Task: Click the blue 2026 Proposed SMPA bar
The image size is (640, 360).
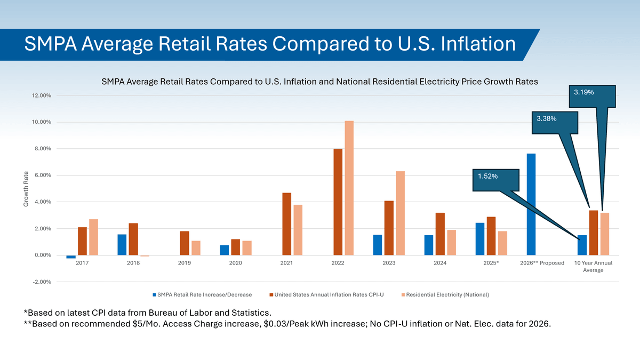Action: [x=531, y=204]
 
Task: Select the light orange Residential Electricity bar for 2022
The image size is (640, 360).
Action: [x=349, y=188]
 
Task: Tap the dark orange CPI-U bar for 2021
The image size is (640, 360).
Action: [x=286, y=224]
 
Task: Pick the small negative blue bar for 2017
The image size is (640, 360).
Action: [x=71, y=257]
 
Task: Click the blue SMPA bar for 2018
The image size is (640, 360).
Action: [x=122, y=245]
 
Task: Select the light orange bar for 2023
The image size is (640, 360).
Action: [x=400, y=213]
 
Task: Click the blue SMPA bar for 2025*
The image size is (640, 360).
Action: [x=480, y=239]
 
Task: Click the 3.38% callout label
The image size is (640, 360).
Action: [x=547, y=118]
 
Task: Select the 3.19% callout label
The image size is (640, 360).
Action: [x=584, y=92]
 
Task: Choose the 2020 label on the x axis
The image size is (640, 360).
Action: [x=235, y=263]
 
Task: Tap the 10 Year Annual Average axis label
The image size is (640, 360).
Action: [x=593, y=267]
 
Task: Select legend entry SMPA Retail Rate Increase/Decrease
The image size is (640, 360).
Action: [x=202, y=294]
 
